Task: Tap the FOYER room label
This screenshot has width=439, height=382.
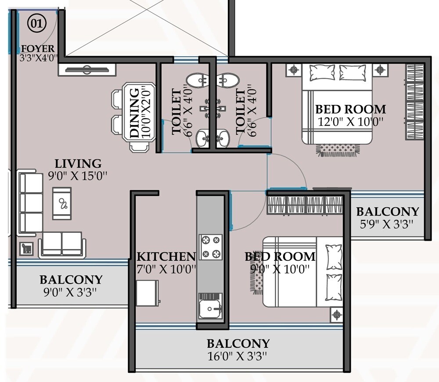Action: tap(38, 49)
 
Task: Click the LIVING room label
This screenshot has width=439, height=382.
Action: tap(78, 164)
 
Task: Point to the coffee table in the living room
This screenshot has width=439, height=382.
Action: tap(62, 203)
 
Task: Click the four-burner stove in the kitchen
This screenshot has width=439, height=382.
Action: tap(211, 247)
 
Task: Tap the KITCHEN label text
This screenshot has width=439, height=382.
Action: tap(166, 256)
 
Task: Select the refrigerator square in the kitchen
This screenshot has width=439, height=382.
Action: tap(147, 293)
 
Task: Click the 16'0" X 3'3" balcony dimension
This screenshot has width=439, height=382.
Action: tap(237, 356)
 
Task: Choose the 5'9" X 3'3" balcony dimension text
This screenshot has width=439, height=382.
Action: tap(386, 224)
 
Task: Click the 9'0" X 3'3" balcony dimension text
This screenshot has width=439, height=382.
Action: tap(70, 291)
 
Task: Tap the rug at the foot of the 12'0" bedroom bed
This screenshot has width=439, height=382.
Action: tap(338, 150)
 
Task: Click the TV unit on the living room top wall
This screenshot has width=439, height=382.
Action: tap(87, 69)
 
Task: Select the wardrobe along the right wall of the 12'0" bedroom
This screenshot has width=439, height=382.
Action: tap(415, 101)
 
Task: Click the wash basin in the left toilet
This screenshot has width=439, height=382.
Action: tap(202, 138)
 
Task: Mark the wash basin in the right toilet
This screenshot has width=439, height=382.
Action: tap(223, 138)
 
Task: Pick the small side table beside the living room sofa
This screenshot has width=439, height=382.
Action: tap(26, 249)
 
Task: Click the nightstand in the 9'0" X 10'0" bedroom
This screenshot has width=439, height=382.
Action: tap(336, 314)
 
